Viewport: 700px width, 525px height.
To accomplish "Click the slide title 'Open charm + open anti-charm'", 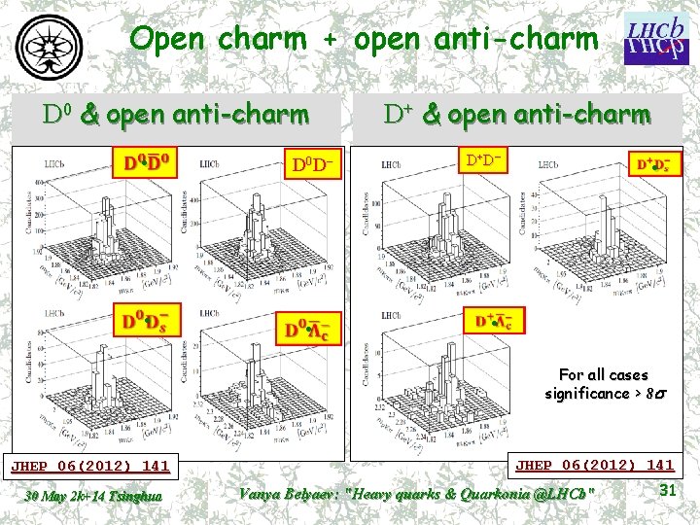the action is coord(364,40).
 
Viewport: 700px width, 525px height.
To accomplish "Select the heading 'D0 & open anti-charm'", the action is coord(176,116).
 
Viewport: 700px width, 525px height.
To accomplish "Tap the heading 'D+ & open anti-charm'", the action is coord(516,115).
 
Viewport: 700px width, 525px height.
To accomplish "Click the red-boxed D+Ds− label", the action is coord(658,164).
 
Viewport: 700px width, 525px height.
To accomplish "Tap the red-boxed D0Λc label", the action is coord(307,329).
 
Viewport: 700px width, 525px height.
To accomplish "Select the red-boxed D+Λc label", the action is coord(494,321).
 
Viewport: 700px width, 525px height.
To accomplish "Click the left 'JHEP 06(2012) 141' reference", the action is coord(89,466).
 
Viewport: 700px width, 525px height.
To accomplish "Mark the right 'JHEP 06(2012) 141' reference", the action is coord(594,466).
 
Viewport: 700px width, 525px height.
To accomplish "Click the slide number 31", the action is coord(667,491).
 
